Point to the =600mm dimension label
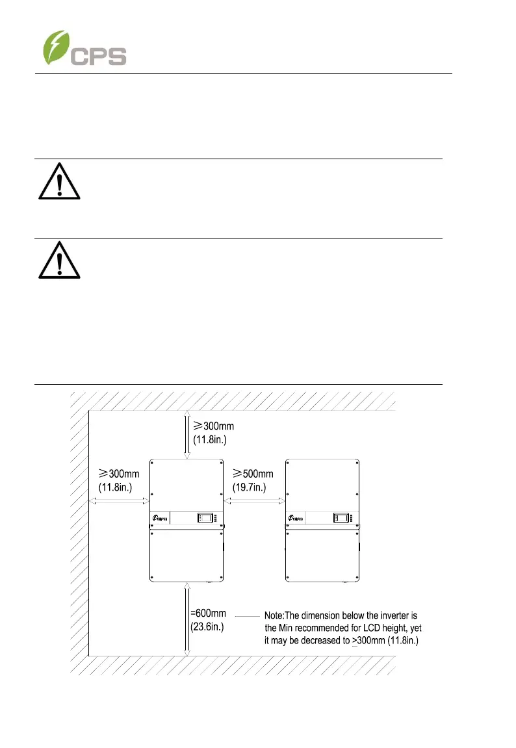(208, 613)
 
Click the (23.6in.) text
(208, 626)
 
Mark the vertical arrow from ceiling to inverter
(187, 434)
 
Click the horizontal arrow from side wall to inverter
(119, 501)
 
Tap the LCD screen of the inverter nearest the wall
(205, 519)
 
